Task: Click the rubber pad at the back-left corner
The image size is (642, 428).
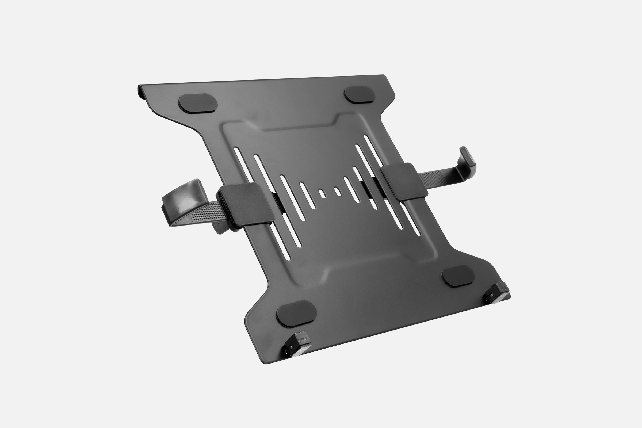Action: coord(198,103)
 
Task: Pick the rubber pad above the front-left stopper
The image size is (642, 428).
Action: coord(296,314)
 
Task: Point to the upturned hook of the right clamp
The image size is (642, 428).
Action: coord(467,161)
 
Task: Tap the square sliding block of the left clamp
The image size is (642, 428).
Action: coord(246,205)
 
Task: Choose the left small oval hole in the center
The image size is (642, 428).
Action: coord(322,193)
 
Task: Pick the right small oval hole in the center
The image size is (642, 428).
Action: coord(338,191)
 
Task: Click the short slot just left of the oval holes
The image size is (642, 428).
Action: coord(307,196)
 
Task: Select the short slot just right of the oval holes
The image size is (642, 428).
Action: coord(351,190)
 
